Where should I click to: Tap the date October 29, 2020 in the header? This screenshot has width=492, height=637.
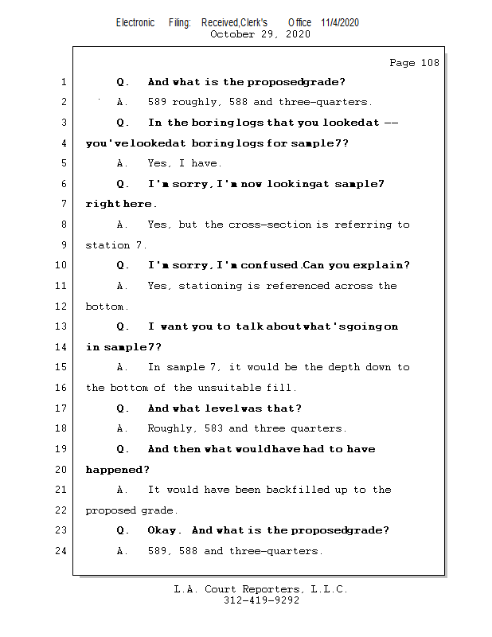260,34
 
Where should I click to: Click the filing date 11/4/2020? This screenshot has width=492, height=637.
340,22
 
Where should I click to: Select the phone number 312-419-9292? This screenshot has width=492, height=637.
260,601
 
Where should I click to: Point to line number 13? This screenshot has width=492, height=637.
62,326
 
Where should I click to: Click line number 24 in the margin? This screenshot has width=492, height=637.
62,551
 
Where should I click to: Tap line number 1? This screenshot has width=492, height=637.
62,82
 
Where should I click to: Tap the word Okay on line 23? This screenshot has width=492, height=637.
165,530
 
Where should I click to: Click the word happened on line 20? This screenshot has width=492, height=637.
116,470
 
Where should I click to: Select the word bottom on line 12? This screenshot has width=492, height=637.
104,307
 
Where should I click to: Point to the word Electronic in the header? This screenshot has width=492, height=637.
135,22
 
